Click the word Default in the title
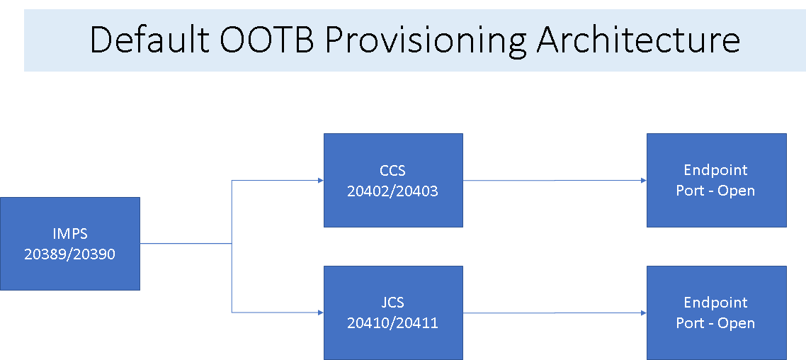pyautogui.click(x=149, y=40)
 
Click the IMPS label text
pyautogui.click(x=70, y=233)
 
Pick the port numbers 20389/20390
pyautogui.click(x=70, y=254)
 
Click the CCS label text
pyautogui.click(x=393, y=169)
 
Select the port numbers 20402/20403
pyautogui.click(x=393, y=191)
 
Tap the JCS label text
pyautogui.click(x=393, y=303)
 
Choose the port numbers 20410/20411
pyautogui.click(x=393, y=323)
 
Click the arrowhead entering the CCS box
pyautogui.click(x=321, y=181)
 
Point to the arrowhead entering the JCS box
pyautogui.click(x=321, y=313)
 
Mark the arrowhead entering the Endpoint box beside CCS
pyautogui.click(x=644, y=181)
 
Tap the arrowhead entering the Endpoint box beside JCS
pyautogui.click(x=644, y=313)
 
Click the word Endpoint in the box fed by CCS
pyautogui.click(x=716, y=170)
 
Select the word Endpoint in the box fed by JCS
pyautogui.click(x=716, y=303)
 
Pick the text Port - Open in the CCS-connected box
pyautogui.click(x=716, y=191)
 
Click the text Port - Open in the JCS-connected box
pyautogui.click(x=716, y=323)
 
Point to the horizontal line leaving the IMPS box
pyautogui.click(x=186, y=243)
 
